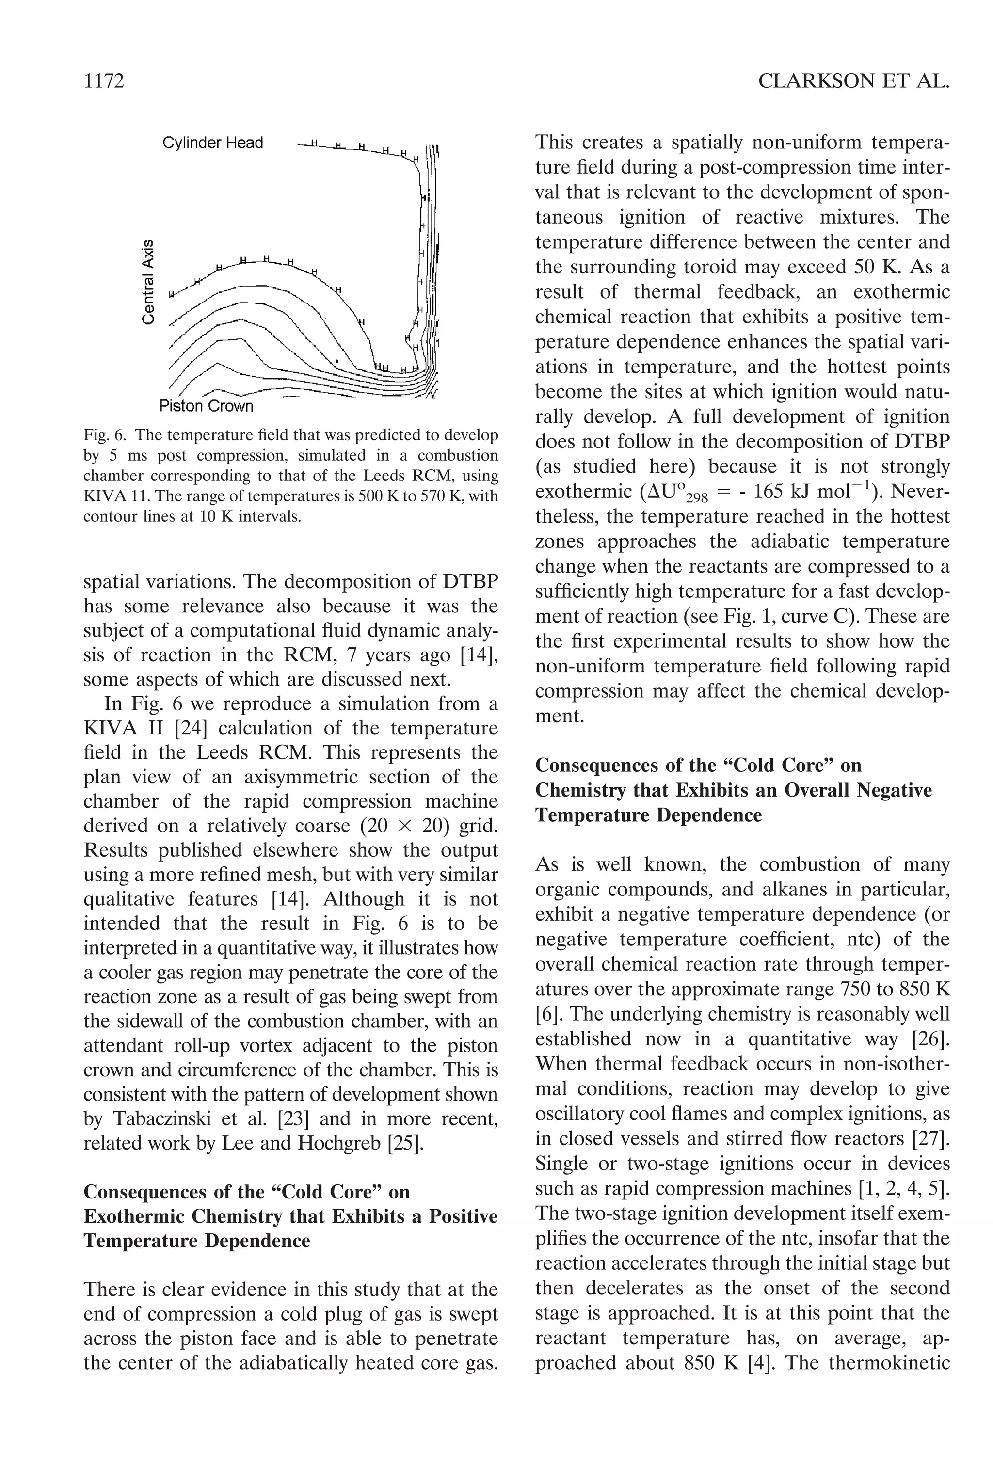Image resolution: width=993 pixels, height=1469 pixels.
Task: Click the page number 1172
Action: click(x=104, y=81)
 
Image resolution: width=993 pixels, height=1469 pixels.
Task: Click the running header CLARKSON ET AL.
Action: click(x=853, y=81)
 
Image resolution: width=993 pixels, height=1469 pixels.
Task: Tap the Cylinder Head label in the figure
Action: click(x=212, y=143)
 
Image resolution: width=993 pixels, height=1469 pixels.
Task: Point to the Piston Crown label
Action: click(x=206, y=406)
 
